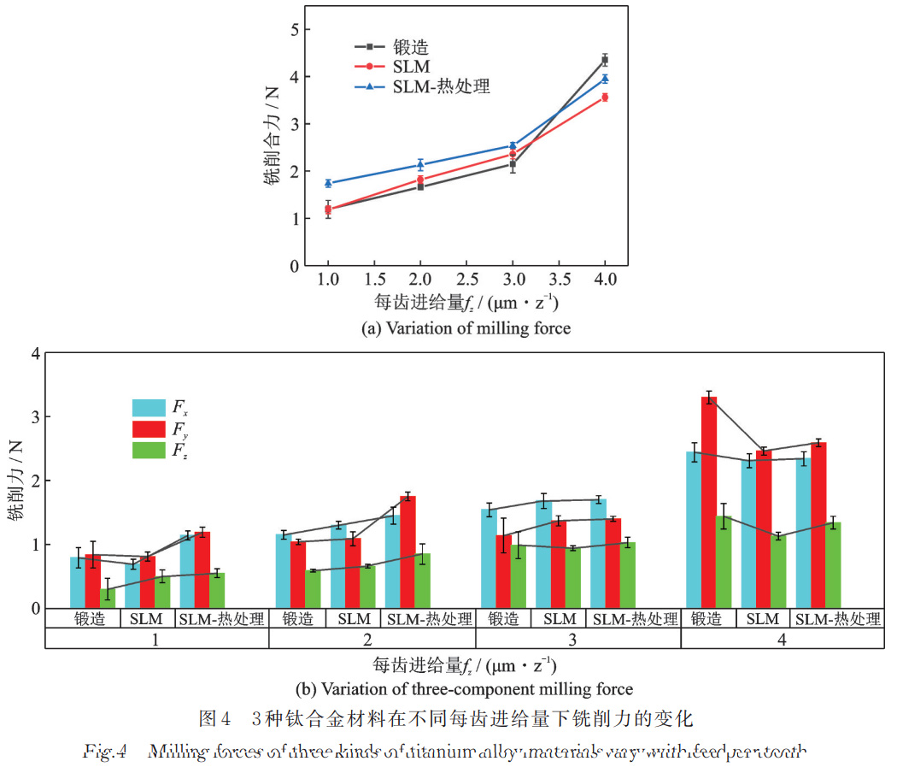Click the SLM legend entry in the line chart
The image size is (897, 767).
tap(411, 66)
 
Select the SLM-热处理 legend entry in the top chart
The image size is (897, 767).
tap(441, 86)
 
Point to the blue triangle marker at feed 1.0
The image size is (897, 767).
tap(328, 183)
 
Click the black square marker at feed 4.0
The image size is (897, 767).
tap(605, 60)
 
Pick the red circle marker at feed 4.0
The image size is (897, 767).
tap(605, 97)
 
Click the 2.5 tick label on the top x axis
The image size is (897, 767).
tap(466, 280)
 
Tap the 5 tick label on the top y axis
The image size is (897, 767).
tap(293, 30)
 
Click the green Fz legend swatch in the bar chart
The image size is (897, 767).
tap(149, 450)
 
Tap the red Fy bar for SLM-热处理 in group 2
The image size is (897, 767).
tap(407, 552)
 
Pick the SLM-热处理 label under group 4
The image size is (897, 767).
tap(838, 619)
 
